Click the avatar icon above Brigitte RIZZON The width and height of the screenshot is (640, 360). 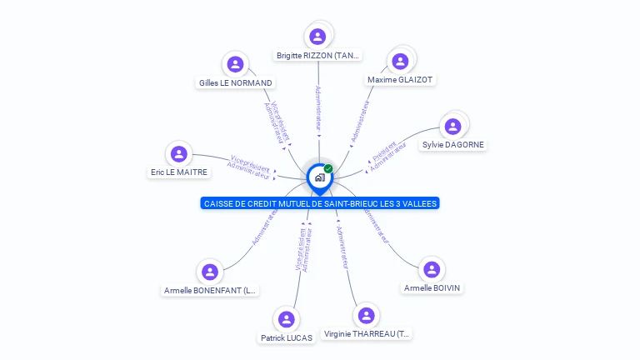pos(317,37)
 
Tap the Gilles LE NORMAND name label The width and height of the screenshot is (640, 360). pos(236,83)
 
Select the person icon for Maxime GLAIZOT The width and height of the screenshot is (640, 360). pos(400,61)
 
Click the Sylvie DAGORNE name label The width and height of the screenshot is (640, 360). pos(453,144)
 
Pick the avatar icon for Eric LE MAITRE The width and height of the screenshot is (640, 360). pos(178,153)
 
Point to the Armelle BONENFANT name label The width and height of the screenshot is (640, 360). pos(211,291)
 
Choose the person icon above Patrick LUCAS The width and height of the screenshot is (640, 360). pos(287,319)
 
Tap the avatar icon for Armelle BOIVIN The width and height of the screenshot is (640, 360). pos(432,269)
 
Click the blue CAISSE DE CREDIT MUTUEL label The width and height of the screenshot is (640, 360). pos(320,203)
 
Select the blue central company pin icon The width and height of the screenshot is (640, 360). pos(319,177)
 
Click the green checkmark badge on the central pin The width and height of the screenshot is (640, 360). pos(328,169)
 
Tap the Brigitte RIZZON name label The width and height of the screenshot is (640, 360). pos(318,56)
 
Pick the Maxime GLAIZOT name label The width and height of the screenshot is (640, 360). pos(401,80)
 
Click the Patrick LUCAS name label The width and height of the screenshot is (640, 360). pos(287,338)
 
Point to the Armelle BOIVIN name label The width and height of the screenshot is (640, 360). pos(432,288)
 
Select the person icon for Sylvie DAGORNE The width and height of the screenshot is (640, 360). pos(453,126)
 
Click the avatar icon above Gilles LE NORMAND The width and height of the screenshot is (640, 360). pos(236,64)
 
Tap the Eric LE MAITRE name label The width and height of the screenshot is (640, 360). pos(178,172)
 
